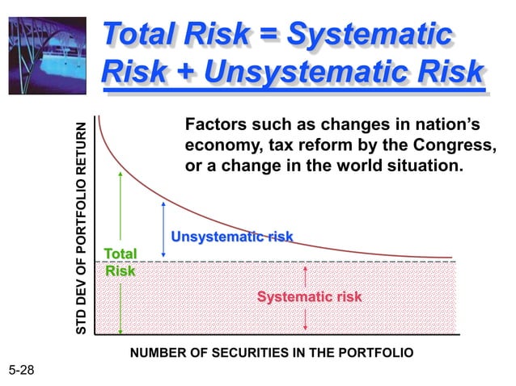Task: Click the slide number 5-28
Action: pyautogui.click(x=23, y=370)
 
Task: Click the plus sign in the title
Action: pyautogui.click(x=184, y=72)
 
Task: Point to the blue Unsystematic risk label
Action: pyautogui.click(x=231, y=237)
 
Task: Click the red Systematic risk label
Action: pyautogui.click(x=309, y=297)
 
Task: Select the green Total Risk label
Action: pyautogui.click(x=121, y=262)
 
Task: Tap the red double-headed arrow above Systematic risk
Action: pyautogui.click(x=305, y=277)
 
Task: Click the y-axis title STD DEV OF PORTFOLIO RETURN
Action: pyautogui.click(x=81, y=229)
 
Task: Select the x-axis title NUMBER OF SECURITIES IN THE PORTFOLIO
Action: pyautogui.click(x=272, y=353)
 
